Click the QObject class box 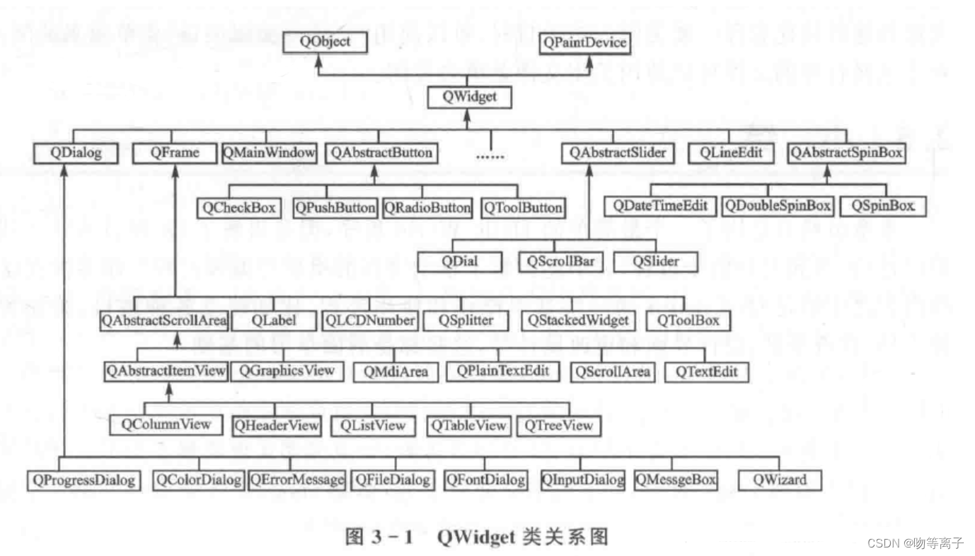pos(325,42)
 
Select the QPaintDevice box pos(584,42)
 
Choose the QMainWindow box pos(270,153)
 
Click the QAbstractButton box pos(381,153)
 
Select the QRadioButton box pos(427,207)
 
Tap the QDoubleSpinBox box pos(777,207)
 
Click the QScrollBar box pos(560,261)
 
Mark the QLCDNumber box pos(369,320)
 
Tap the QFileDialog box pos(392,480)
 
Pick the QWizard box pos(779,480)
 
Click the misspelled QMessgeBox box pos(676,480)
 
